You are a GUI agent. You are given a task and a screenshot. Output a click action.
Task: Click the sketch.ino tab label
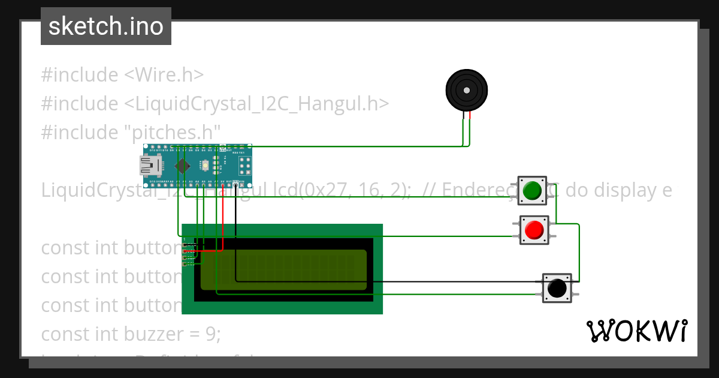click(105, 26)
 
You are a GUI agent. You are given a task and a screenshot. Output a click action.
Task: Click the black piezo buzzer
click(467, 91)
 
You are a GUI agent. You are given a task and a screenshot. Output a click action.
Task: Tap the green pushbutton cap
click(532, 191)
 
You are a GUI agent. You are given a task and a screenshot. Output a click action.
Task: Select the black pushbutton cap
click(557, 288)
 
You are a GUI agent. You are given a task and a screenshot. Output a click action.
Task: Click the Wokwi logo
click(636, 331)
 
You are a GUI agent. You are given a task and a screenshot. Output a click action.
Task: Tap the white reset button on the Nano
click(206, 164)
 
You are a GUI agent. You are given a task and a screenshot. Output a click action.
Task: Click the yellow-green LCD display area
click(284, 270)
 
